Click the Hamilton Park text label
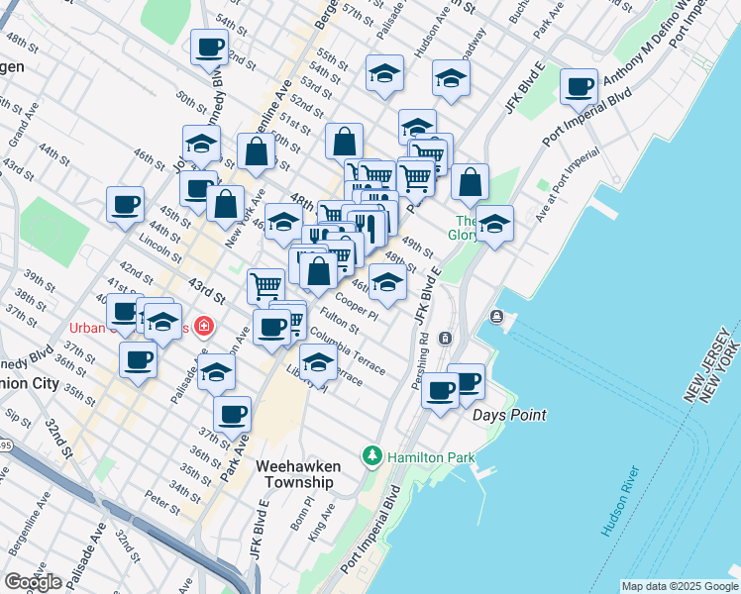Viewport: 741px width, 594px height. point(431,457)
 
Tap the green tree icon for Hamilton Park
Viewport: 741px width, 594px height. point(372,456)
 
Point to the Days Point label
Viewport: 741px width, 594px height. point(509,415)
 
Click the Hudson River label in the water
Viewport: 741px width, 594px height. point(621,502)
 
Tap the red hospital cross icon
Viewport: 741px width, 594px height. point(204,326)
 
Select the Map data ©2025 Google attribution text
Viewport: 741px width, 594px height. point(679,586)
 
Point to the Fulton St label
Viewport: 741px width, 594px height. point(339,320)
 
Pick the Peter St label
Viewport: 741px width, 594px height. point(159,499)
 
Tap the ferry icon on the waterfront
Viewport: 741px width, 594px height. point(495,317)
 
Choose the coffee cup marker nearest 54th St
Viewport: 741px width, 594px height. point(209,48)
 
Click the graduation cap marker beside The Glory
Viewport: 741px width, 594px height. point(493,224)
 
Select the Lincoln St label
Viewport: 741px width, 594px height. point(155,245)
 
